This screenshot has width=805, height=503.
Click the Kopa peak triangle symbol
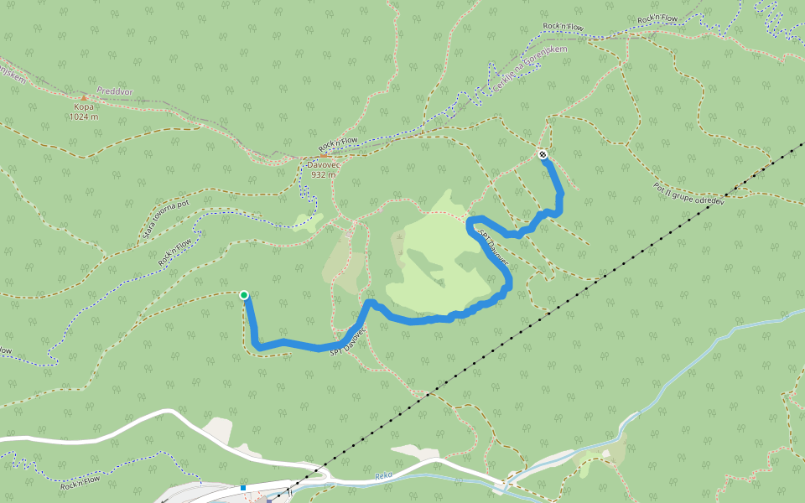point(83,97)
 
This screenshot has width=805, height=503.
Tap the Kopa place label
point(83,107)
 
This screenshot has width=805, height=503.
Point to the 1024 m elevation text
point(83,117)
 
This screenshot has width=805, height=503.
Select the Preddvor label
point(114,91)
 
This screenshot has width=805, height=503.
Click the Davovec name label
point(323,165)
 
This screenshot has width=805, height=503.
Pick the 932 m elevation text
point(323,175)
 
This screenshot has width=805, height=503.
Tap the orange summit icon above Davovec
point(323,156)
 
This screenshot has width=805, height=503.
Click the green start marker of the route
point(244,295)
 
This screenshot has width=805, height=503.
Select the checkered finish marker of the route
point(543,154)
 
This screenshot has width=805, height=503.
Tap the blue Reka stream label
point(384,475)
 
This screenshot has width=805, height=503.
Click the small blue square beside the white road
point(242,487)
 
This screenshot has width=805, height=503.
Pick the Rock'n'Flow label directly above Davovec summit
point(338,144)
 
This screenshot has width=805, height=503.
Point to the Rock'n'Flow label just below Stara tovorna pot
point(175,251)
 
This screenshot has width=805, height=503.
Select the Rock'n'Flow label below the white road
point(80,481)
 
